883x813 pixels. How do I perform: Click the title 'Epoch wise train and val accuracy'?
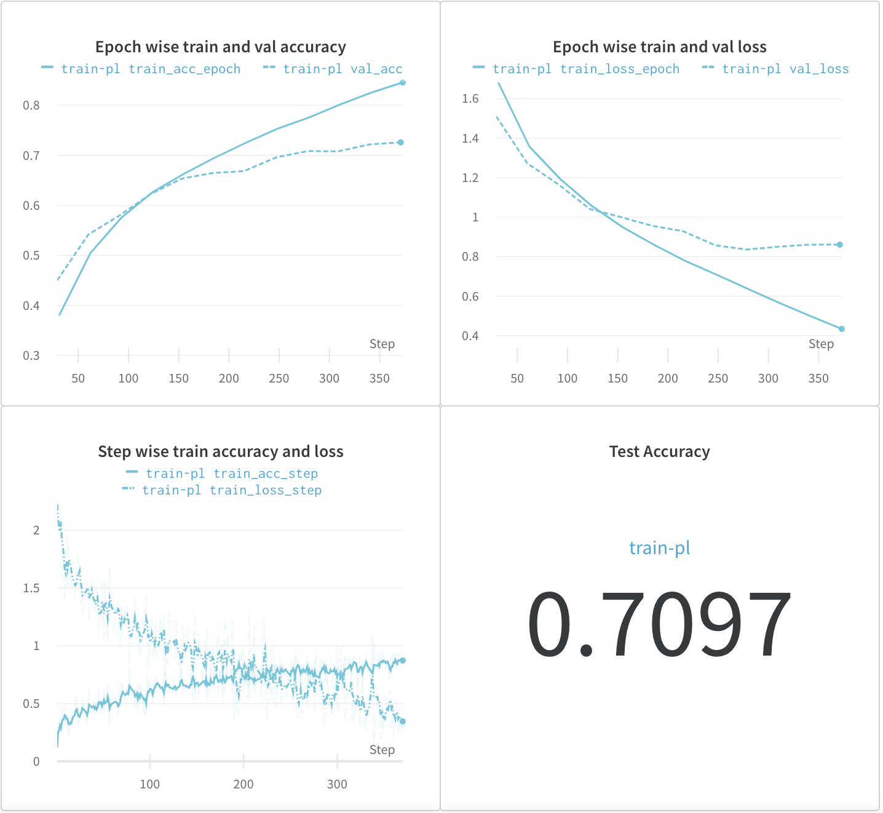[x=220, y=47]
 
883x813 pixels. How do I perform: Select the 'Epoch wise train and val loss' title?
[x=659, y=47]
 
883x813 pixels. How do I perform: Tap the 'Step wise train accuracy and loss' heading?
[x=220, y=451]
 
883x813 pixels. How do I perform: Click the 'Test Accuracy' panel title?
[x=659, y=451]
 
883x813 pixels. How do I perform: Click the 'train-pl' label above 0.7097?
[x=659, y=547]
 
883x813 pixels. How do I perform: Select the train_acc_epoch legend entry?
[x=151, y=69]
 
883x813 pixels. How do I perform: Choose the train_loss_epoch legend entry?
[x=586, y=69]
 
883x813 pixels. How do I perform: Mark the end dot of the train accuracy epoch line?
[x=403, y=82]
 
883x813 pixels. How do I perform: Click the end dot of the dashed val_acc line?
[x=401, y=143]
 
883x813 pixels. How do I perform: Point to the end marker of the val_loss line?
[x=840, y=245]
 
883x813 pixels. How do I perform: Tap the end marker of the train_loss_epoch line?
[x=842, y=329]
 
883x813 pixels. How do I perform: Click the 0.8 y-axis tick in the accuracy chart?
[x=31, y=105]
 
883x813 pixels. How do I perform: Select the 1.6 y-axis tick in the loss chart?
[x=470, y=98]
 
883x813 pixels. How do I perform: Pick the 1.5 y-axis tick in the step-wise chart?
[x=31, y=588]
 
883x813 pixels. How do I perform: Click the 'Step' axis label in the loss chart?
[x=821, y=344]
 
